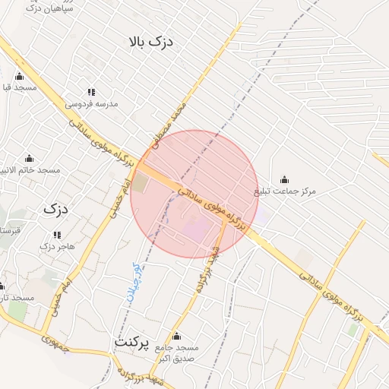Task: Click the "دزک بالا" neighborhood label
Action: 152,41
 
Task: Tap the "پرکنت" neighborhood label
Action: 134,342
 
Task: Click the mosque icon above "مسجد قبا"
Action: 19,76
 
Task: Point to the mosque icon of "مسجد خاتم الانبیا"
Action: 30,158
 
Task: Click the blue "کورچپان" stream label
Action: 134,283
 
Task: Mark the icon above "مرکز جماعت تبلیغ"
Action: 284,179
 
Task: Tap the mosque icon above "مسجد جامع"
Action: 177,336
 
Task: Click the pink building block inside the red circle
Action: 196,227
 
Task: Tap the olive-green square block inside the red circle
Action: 141,183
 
